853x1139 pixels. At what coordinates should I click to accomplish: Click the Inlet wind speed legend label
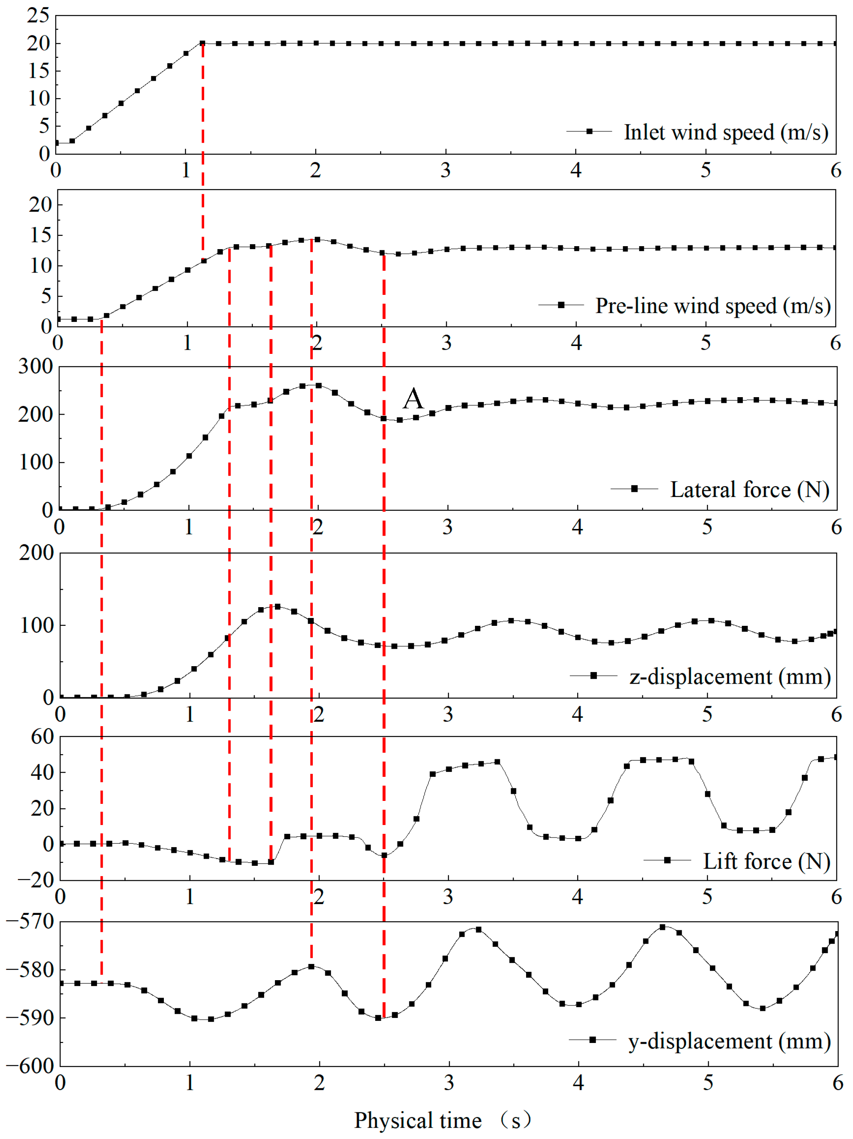pos(726,132)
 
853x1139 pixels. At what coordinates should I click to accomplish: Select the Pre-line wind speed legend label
pos(713,306)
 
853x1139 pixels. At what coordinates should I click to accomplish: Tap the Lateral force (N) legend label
pos(749,490)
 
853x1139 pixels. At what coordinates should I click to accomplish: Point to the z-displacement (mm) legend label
pos(730,677)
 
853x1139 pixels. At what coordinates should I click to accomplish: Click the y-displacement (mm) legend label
pos(729,1041)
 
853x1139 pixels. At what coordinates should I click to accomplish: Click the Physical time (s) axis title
pos(442,1120)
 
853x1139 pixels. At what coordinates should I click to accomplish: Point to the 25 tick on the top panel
pos(39,15)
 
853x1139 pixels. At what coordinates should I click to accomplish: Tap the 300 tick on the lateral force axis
pos(35,367)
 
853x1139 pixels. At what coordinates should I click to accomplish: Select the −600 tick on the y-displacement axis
pos(30,1066)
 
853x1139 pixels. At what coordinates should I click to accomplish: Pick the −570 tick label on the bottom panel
pos(30,921)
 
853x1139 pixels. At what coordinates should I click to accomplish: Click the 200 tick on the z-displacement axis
pos(36,553)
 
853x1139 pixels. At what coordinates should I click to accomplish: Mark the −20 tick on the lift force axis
pos(35,880)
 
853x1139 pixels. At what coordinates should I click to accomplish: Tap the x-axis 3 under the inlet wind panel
pos(445,170)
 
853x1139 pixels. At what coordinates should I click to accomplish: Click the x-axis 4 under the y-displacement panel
pos(579,1082)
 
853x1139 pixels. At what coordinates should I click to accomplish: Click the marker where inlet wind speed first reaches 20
pos(203,43)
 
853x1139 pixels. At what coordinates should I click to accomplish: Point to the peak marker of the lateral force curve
pos(318,385)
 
